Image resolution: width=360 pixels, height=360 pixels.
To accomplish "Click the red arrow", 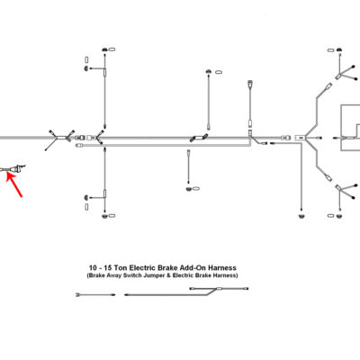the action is click(x=14, y=185).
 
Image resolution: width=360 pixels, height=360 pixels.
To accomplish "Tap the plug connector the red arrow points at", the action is click(x=14, y=169).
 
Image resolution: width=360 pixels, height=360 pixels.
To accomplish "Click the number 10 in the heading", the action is click(x=93, y=267).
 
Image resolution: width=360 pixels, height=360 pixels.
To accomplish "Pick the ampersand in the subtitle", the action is click(x=165, y=275).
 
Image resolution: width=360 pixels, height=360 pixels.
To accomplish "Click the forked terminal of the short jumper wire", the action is click(x=78, y=295).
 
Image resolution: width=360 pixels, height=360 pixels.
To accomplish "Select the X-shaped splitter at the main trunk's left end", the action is click(x=60, y=139).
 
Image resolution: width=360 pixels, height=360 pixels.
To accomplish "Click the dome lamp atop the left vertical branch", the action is click(x=104, y=49).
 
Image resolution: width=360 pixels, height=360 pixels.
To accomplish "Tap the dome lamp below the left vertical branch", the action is click(x=104, y=216).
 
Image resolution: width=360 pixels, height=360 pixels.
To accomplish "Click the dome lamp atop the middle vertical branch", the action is click(x=209, y=72).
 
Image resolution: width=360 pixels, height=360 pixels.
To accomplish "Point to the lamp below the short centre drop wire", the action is click(x=189, y=189).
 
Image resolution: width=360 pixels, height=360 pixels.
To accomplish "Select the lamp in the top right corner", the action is click(x=339, y=49).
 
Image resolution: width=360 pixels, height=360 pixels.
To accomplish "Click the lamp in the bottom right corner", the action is click(x=339, y=216).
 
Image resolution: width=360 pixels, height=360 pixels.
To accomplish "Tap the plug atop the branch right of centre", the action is click(x=250, y=83).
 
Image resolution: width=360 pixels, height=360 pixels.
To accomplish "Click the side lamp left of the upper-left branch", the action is click(x=86, y=68).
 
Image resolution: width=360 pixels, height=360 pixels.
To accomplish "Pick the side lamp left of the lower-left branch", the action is click(x=86, y=198).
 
